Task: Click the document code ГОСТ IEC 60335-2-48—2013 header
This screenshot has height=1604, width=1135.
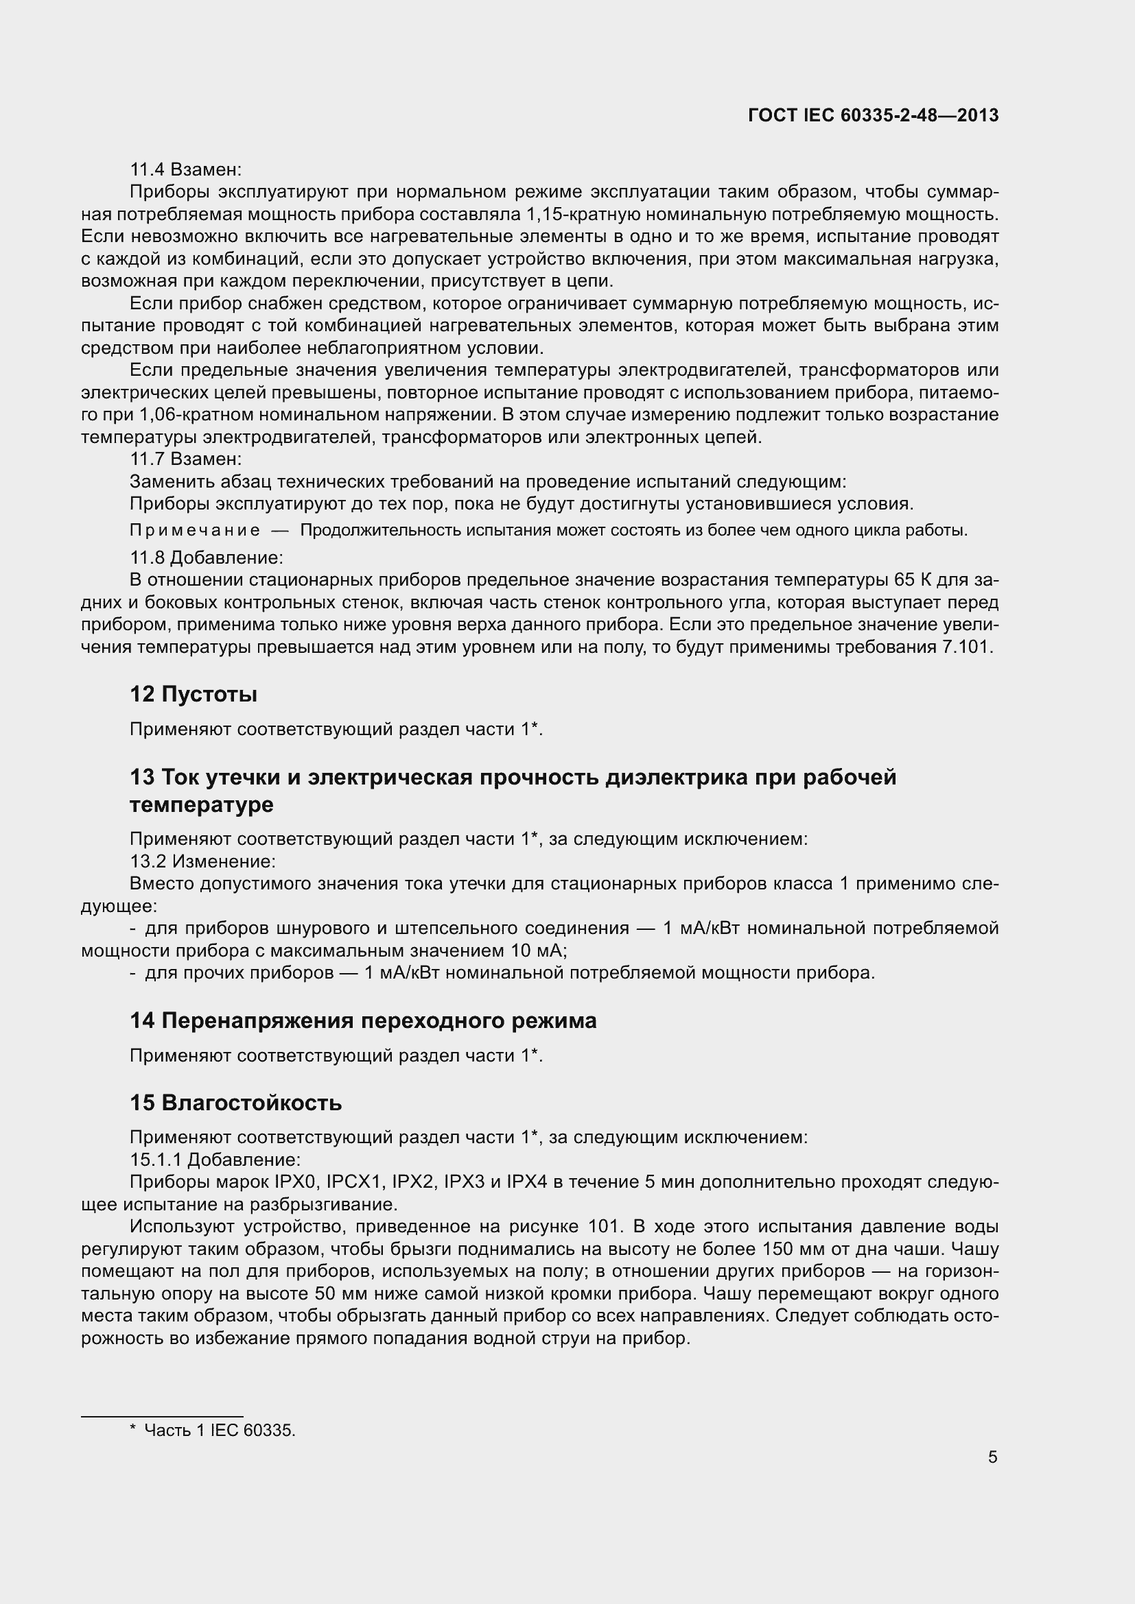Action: coord(873,115)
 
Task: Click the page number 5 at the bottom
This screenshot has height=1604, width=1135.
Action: coord(992,1457)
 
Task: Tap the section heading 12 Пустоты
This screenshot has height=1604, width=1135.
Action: coord(194,695)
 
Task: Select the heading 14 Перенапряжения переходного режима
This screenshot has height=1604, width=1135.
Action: coord(363,1020)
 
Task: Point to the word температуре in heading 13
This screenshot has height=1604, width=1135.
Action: coord(201,805)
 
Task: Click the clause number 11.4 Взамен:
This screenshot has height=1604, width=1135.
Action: coord(186,170)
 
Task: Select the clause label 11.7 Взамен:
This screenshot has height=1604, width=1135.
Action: coord(186,459)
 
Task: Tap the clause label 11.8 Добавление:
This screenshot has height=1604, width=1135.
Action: coord(206,558)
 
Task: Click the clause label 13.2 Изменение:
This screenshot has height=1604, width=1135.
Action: coord(202,861)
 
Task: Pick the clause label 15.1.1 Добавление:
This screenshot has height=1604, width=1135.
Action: coord(215,1160)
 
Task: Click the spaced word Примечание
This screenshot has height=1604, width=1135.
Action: coord(195,530)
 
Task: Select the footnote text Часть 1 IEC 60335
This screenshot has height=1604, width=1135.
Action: coord(220,1430)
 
